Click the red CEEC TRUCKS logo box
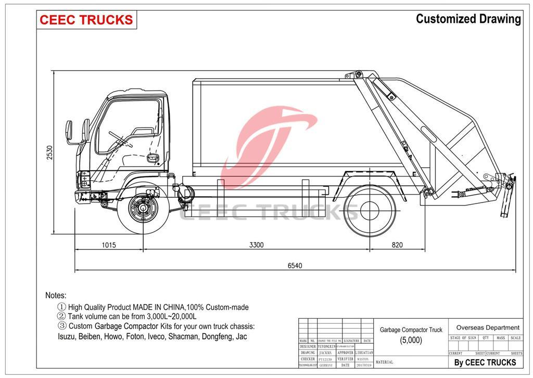click(x=86, y=20)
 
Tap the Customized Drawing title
click(x=468, y=19)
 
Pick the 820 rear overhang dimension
click(x=398, y=245)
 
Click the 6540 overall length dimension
click(x=295, y=266)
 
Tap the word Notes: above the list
click(x=56, y=295)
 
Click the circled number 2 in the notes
click(x=61, y=317)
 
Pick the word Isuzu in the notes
click(x=67, y=336)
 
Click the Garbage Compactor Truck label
click(x=411, y=330)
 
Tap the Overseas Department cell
click(x=487, y=327)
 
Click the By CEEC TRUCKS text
click(x=485, y=362)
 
